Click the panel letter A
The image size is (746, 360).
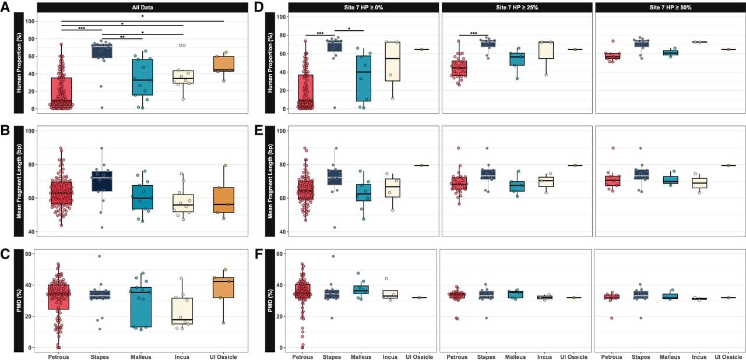coord(5,6)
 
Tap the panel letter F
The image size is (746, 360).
coord(259,255)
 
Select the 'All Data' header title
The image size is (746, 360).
coord(142,8)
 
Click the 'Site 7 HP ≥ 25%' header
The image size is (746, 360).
coord(517,8)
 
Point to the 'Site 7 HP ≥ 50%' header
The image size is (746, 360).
coord(670,8)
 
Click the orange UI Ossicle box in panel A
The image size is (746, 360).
coord(223,64)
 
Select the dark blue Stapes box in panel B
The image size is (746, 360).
coord(102,181)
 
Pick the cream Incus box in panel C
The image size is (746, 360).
coord(182,310)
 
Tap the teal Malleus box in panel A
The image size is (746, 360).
coord(142,77)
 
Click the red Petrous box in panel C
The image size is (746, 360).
coord(59,297)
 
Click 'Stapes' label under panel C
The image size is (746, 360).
coord(100,357)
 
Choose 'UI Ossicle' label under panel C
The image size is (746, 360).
coord(223,357)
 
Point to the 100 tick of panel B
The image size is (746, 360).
coord(30,131)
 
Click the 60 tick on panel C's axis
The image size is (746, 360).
coord(29,254)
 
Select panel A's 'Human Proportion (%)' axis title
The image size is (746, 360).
coord(19,63)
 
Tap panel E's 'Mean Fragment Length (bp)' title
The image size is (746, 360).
coord(270,181)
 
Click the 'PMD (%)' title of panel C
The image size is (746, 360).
coord(19,301)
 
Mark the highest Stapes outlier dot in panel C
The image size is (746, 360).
coord(99,256)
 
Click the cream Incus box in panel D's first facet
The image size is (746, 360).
coord(393,61)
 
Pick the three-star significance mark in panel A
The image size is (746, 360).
coord(82,29)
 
